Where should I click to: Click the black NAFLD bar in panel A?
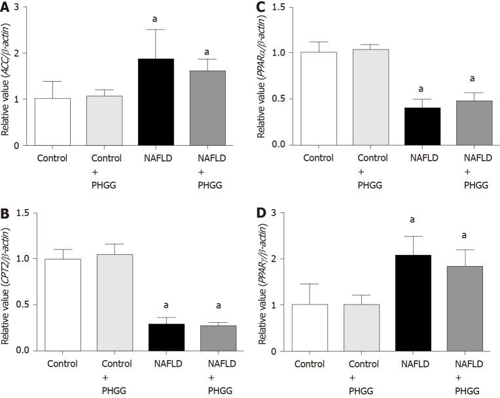tap(156, 102)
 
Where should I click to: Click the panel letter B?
tap(6, 212)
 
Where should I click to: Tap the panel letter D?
tap(258, 212)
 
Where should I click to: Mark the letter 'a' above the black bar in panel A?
tap(156, 19)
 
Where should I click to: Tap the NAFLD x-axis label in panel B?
tap(156, 365)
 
